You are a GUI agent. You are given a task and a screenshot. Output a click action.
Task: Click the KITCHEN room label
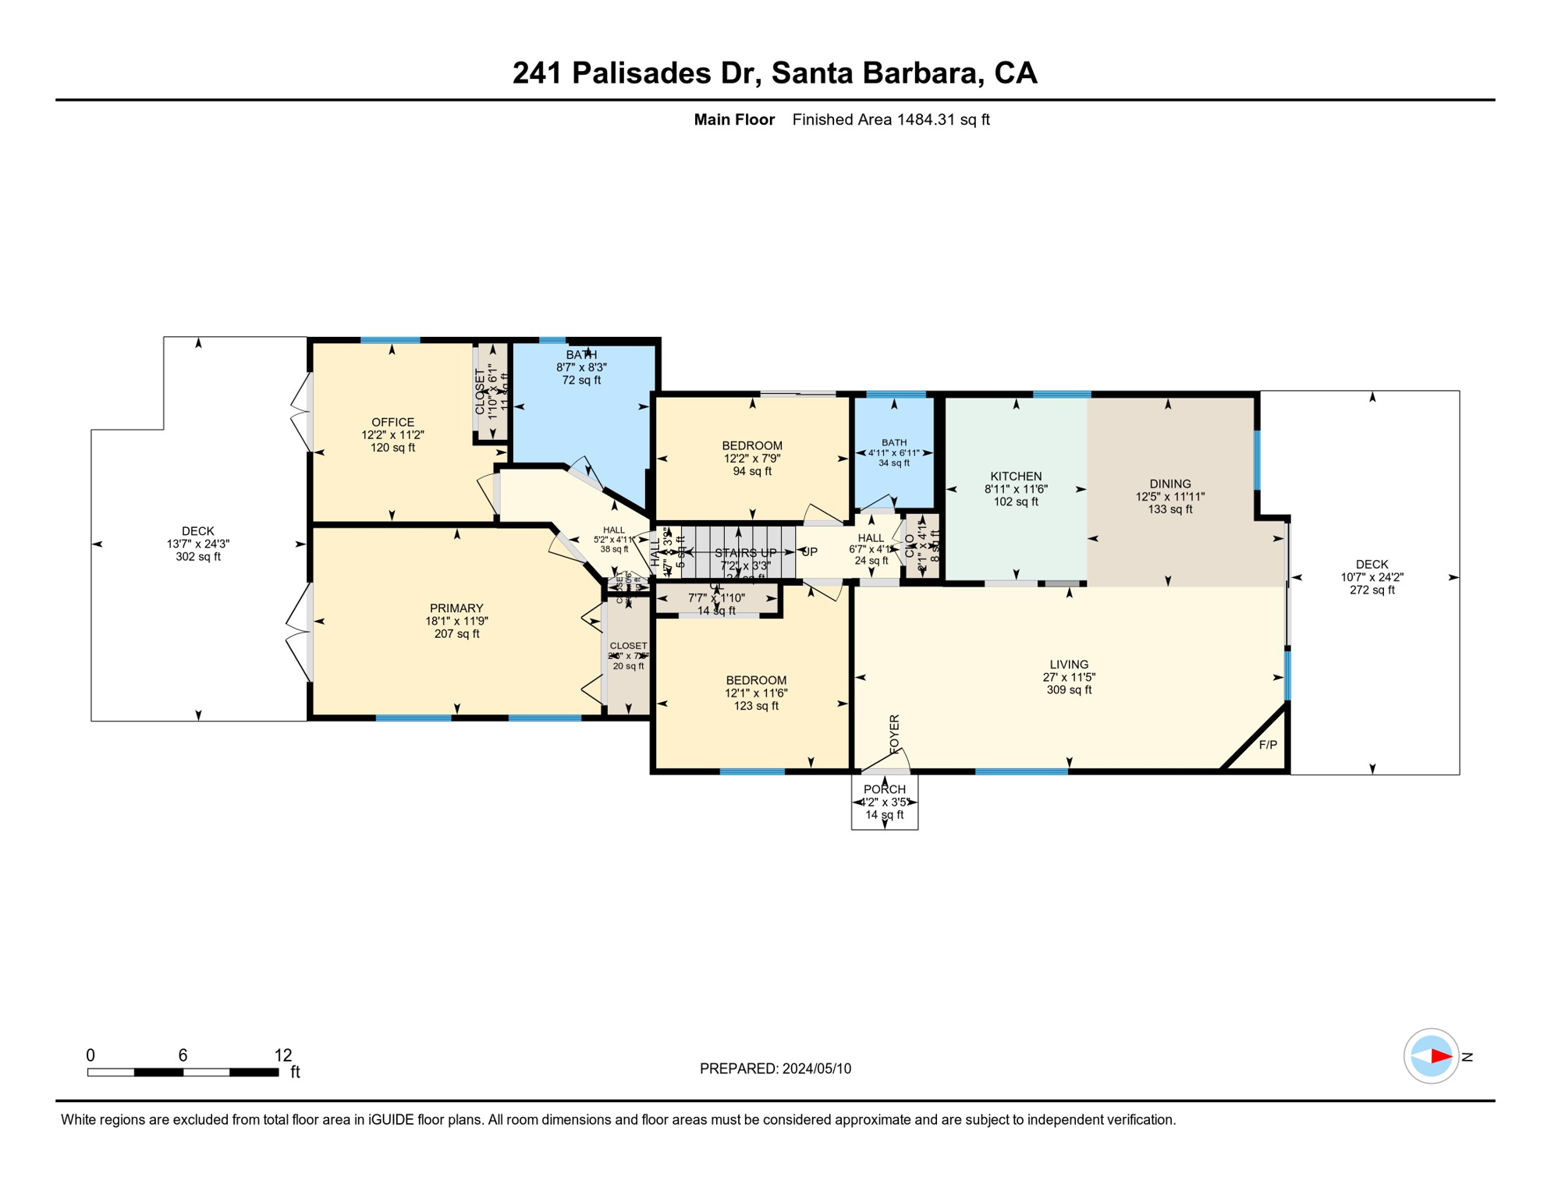(1016, 477)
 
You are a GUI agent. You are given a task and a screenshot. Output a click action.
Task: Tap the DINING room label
(1169, 484)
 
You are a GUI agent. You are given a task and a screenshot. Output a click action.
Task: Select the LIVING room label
(1068, 665)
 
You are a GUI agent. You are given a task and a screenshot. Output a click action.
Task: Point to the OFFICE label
(392, 423)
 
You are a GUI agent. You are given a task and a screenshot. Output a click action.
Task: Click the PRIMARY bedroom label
(456, 608)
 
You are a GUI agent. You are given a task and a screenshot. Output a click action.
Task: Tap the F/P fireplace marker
(1268, 745)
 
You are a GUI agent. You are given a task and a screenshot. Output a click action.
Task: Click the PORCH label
(884, 789)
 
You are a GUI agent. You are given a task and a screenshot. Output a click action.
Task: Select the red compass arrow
(1440, 1057)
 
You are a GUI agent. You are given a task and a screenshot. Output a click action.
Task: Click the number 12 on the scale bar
(283, 1055)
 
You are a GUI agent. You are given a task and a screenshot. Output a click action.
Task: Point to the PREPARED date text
(775, 1069)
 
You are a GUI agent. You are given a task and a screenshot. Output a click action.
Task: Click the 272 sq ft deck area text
(1372, 590)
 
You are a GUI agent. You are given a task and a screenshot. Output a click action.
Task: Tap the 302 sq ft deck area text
(198, 557)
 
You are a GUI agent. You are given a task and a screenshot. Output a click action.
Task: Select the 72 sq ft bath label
(581, 381)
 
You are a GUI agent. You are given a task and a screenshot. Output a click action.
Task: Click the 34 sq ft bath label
(894, 463)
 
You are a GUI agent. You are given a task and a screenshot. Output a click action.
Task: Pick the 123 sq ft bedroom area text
(755, 706)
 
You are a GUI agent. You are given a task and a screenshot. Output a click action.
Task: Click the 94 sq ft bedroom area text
(752, 471)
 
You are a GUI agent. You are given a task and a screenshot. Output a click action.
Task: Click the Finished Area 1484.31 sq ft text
(890, 119)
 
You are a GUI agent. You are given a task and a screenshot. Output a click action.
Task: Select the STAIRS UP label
(745, 553)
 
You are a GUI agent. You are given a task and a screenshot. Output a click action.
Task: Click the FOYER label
(895, 733)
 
